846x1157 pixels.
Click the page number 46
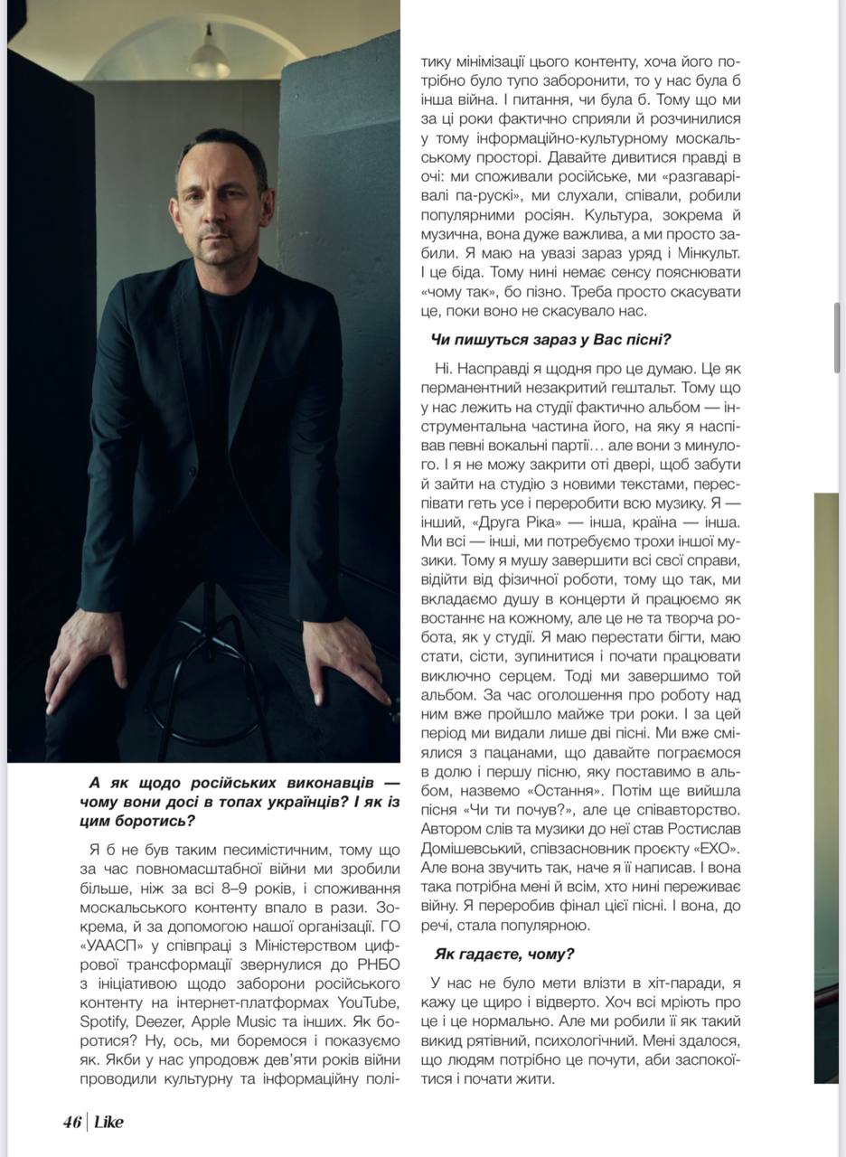point(71,1122)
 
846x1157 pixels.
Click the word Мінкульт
point(703,254)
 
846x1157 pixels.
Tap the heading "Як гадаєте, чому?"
point(503,954)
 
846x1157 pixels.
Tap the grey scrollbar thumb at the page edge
point(837,337)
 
